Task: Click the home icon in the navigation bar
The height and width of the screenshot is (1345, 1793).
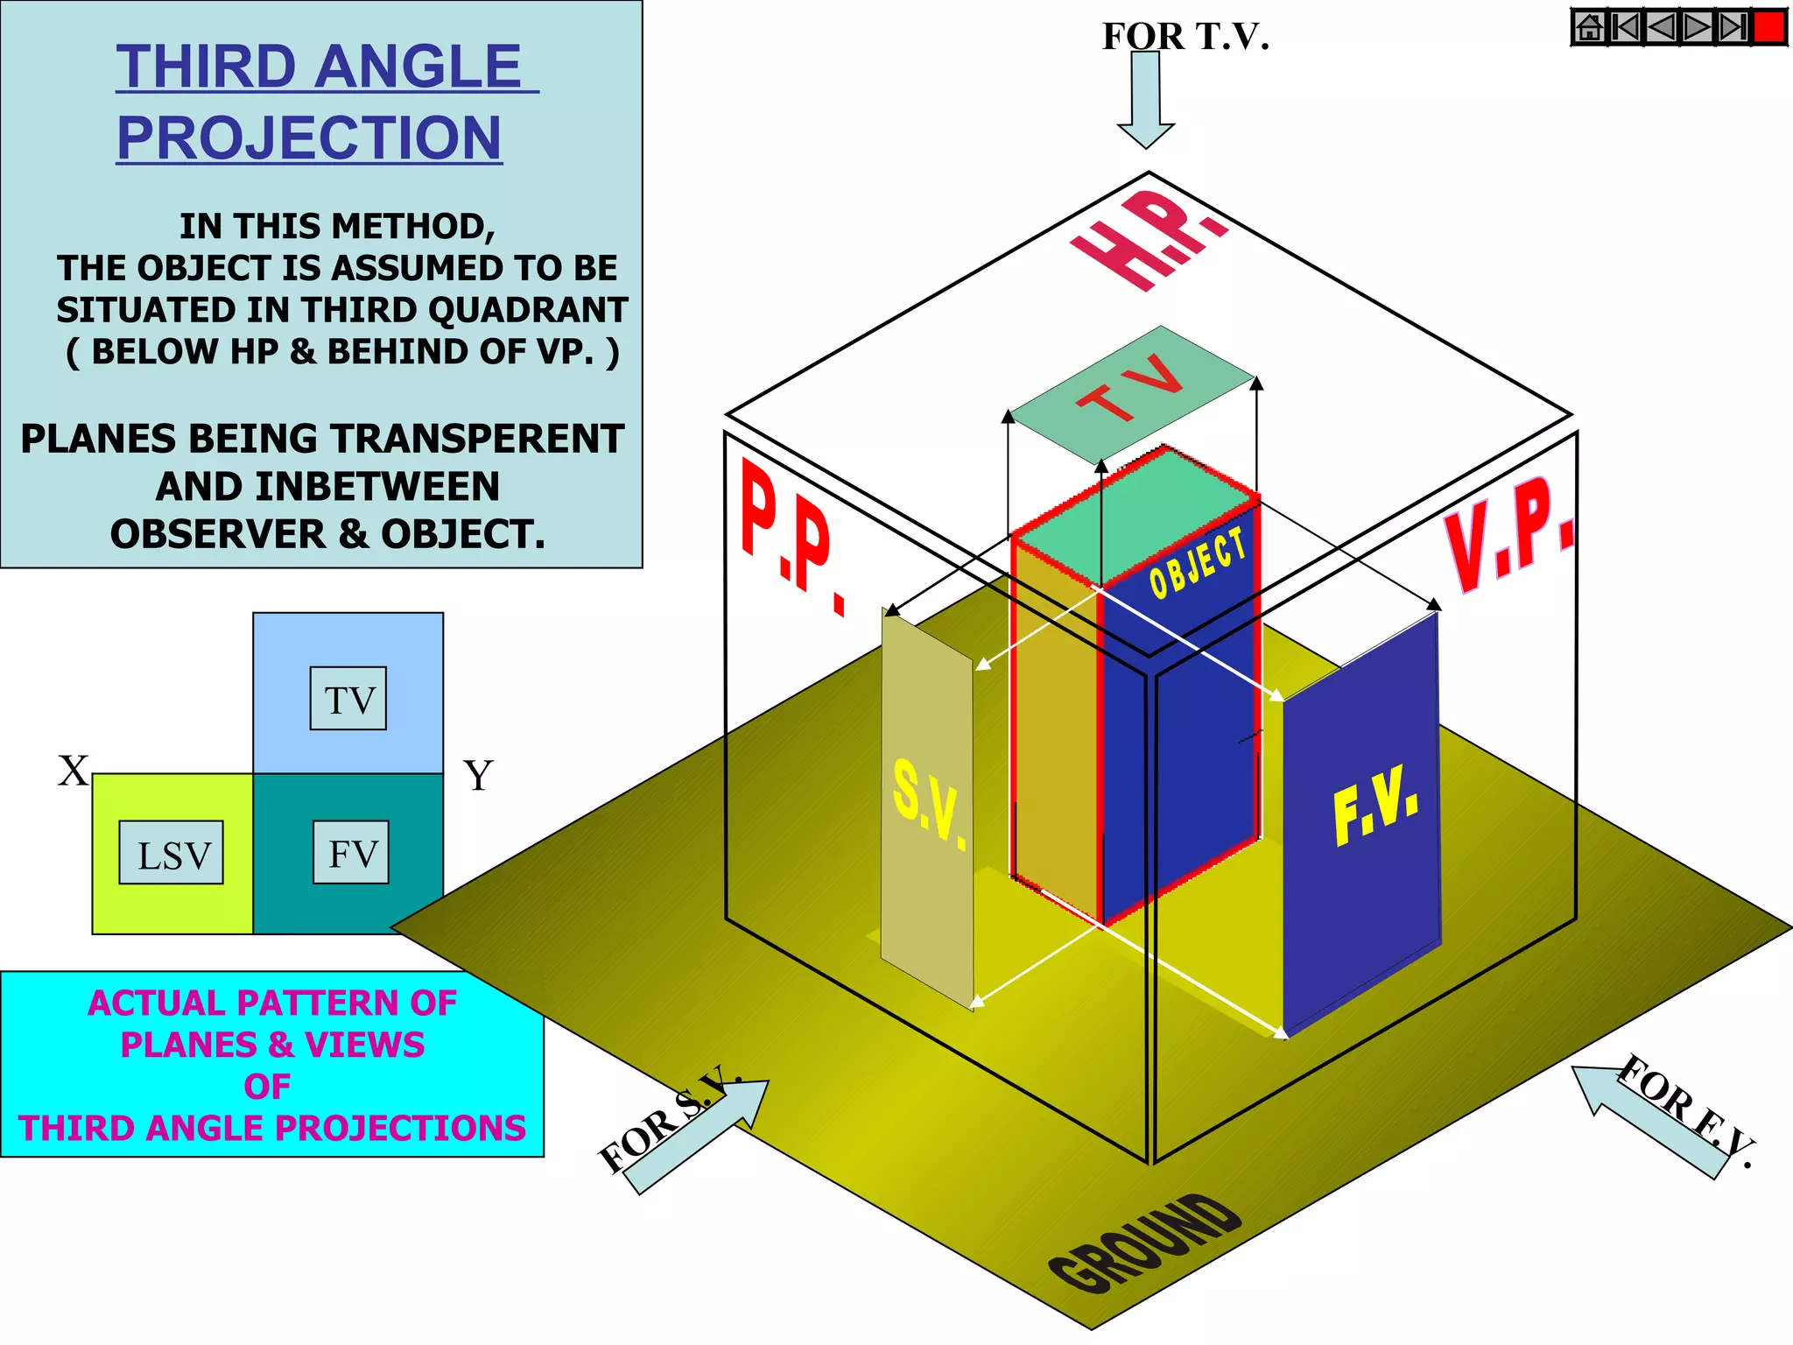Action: pyautogui.click(x=1590, y=27)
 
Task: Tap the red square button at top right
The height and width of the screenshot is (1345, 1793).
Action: pyautogui.click(x=1769, y=27)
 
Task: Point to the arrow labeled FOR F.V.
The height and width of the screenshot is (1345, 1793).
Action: pyautogui.click(x=1647, y=1120)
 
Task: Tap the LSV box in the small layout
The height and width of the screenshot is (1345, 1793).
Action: pyautogui.click(x=172, y=853)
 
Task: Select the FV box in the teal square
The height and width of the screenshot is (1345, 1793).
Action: pyautogui.click(x=351, y=852)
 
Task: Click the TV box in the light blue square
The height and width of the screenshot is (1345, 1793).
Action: pyautogui.click(x=348, y=699)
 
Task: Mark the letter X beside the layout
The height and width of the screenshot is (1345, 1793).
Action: pyautogui.click(x=74, y=771)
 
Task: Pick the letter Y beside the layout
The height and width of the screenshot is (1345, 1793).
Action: pyautogui.click(x=478, y=775)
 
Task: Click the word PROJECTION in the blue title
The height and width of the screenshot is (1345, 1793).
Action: pyautogui.click(x=309, y=137)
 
